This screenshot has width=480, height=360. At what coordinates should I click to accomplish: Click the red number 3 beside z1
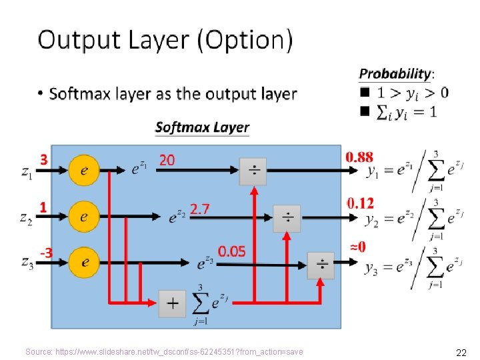(x=44, y=160)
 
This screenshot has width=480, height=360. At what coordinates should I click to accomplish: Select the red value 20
(x=167, y=160)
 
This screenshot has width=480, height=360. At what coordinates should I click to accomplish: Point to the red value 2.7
(x=199, y=209)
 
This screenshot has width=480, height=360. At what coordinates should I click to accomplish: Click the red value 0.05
(x=232, y=251)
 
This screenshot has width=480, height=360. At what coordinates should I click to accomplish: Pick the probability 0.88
(x=359, y=157)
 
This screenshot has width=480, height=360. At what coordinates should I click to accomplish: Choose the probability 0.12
(x=360, y=202)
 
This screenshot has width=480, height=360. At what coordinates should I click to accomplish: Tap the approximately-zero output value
(x=357, y=247)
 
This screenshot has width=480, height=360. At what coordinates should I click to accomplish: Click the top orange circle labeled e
(x=84, y=171)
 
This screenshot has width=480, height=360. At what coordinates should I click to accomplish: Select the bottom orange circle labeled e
(x=84, y=262)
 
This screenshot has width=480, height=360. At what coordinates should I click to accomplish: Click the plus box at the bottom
(x=172, y=304)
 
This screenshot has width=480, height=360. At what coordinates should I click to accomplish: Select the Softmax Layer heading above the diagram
(x=202, y=127)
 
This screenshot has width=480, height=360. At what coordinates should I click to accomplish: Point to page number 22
(x=460, y=352)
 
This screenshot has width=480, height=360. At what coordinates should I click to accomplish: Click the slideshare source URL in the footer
(x=164, y=352)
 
